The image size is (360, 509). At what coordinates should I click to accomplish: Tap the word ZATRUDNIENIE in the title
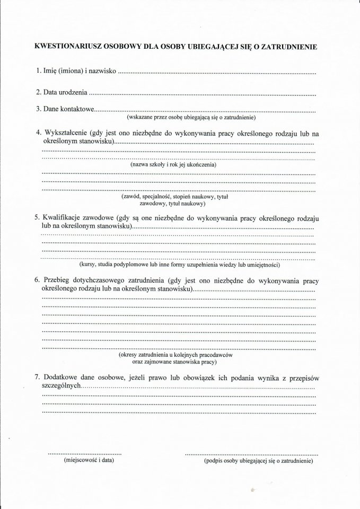290,47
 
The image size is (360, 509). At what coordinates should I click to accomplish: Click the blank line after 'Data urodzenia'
202,93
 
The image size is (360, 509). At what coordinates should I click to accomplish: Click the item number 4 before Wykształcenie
37,131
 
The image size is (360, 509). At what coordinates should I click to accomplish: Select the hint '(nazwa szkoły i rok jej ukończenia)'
173,165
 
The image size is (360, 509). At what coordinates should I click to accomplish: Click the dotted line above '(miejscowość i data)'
85,454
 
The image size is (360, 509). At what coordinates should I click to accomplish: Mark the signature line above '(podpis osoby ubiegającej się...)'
251,454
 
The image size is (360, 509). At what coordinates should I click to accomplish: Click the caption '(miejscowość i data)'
85,461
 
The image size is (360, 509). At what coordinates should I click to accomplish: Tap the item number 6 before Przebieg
37,280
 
